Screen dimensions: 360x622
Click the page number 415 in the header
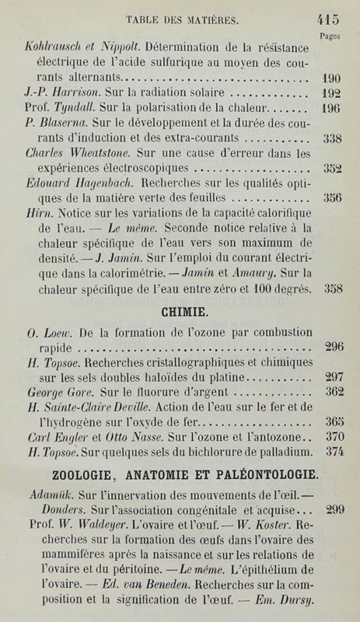[330, 21]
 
